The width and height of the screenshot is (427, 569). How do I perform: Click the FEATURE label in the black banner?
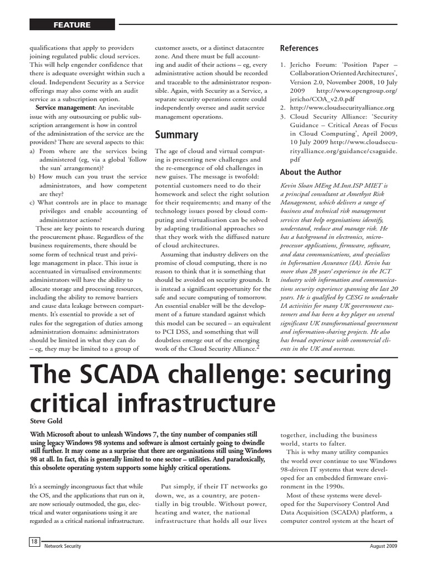click(x=72, y=24)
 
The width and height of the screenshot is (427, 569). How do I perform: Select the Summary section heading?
click(x=176, y=134)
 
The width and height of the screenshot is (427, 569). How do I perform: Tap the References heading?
click(x=299, y=48)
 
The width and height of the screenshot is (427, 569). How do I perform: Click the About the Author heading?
click(x=311, y=172)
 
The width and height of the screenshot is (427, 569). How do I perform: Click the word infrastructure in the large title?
click(x=202, y=403)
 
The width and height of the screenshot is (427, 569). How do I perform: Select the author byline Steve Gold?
click(x=46, y=421)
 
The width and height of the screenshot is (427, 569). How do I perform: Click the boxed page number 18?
click(x=34, y=542)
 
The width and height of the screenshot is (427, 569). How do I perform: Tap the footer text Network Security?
click(x=63, y=546)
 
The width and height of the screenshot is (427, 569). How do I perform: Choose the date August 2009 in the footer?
click(x=384, y=546)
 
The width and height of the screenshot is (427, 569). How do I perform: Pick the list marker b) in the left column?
click(x=33, y=176)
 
